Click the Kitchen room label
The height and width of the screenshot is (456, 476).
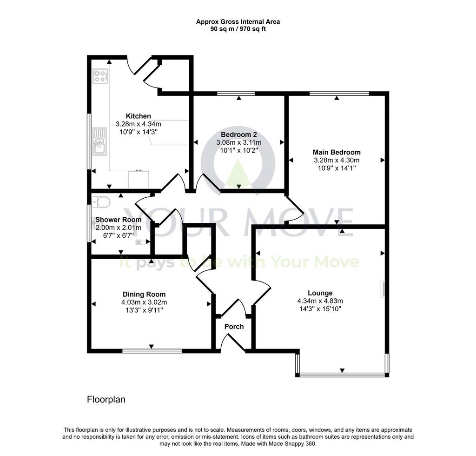pyautogui.click(x=138, y=116)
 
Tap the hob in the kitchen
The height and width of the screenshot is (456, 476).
pyautogui.click(x=100, y=76)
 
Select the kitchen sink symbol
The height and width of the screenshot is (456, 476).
pyautogui.click(x=99, y=141)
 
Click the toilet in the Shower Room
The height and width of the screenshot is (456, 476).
pyautogui.click(x=101, y=202)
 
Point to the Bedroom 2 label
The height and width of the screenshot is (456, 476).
pyautogui.click(x=239, y=134)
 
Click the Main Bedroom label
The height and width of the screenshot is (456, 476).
pyautogui.click(x=337, y=152)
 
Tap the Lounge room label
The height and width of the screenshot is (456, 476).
pyautogui.click(x=320, y=293)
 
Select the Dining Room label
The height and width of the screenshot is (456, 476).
pyautogui.click(x=144, y=295)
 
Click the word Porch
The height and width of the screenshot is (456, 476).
pyautogui.click(x=234, y=327)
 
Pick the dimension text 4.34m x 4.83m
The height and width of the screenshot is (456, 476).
pyautogui.click(x=320, y=301)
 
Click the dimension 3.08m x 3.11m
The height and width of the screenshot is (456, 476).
pyautogui.click(x=239, y=142)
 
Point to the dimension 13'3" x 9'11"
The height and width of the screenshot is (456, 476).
pyautogui.click(x=144, y=310)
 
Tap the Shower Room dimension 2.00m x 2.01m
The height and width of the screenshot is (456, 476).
pyautogui.click(x=119, y=228)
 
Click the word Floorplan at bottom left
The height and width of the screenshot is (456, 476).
pyautogui.click(x=106, y=399)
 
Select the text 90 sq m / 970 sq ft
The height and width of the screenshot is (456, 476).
pyautogui.click(x=238, y=29)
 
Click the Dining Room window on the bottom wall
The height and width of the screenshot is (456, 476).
pyautogui.click(x=152, y=351)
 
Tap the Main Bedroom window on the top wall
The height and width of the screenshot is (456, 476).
pyautogui.click(x=339, y=93)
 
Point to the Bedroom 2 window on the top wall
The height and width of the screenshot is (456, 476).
pyautogui.click(x=236, y=93)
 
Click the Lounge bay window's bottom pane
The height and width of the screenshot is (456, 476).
pyautogui.click(x=342, y=375)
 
